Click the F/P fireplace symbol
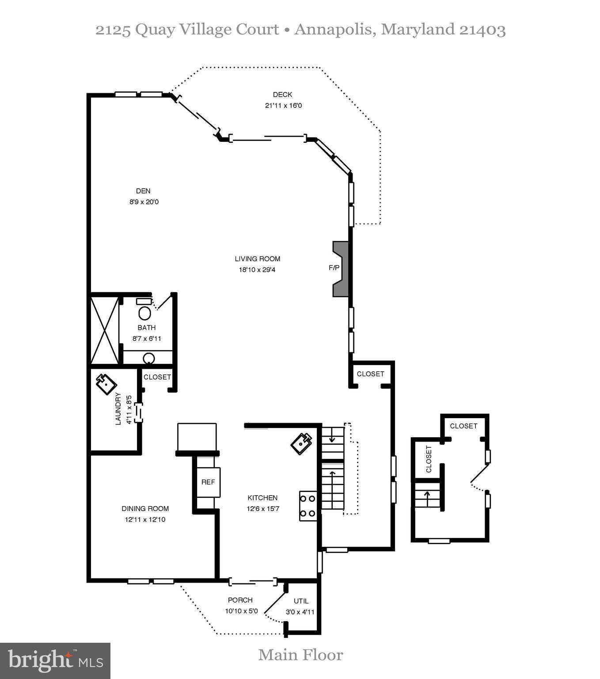(340, 268)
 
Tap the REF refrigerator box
(208, 482)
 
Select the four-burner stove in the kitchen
(308, 506)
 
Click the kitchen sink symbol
(301, 443)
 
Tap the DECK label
(282, 95)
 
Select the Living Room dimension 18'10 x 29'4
(257, 270)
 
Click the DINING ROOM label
(145, 508)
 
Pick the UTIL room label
(301, 601)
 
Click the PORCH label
(240, 600)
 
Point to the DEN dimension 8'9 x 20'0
(144, 202)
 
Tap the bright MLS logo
(55, 661)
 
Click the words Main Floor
(300, 655)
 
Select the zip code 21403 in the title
(482, 30)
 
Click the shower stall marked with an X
(105, 330)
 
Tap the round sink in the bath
(149, 358)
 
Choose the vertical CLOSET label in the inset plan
(429, 459)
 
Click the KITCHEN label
(262, 498)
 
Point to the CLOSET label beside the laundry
(157, 377)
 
